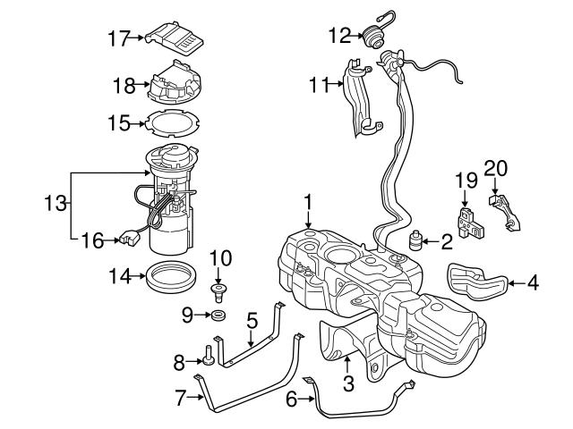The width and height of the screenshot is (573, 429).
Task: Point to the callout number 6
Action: coord(291,400)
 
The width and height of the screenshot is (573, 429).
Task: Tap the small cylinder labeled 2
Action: coord(415,241)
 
